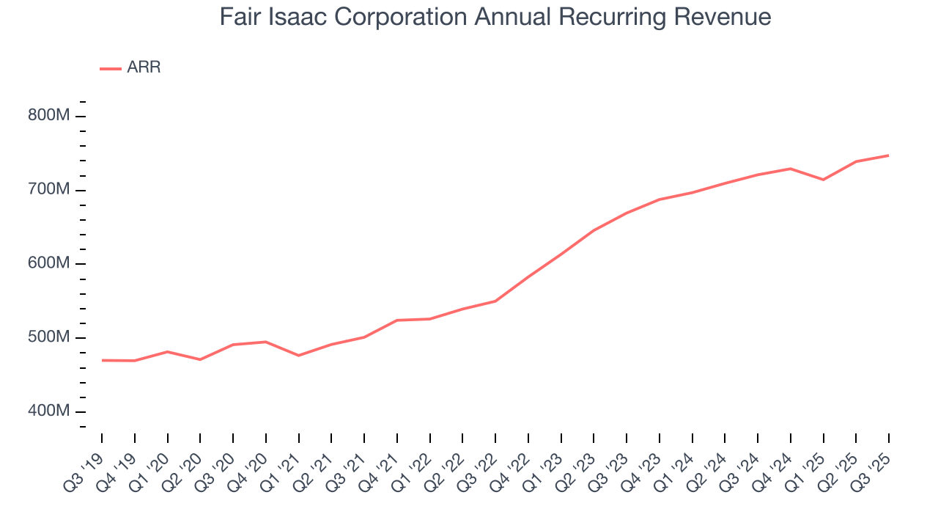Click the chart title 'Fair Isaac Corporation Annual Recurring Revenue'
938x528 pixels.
[495, 17]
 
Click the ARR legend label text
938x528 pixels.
[144, 67]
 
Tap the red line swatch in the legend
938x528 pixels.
[110, 68]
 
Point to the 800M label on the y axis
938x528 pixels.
[48, 116]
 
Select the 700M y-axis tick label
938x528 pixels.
[48, 190]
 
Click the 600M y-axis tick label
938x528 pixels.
[48, 264]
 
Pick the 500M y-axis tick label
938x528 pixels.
[48, 338]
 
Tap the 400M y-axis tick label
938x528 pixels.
[48, 412]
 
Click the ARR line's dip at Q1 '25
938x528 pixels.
[824, 180]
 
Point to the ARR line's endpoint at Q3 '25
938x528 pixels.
[889, 155]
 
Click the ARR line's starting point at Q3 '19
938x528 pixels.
[102, 360]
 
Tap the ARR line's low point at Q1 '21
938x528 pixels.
[298, 356]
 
